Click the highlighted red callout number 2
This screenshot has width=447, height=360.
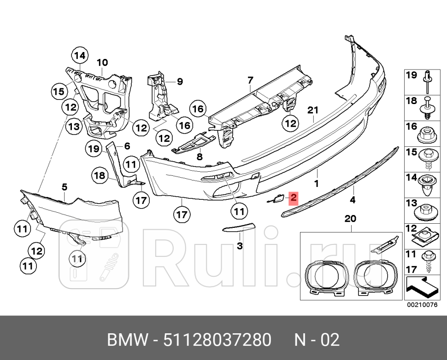pyautogui.click(x=293, y=199)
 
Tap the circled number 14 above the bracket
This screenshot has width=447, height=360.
pyautogui.click(x=80, y=56)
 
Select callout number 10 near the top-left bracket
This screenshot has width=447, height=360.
pyautogui.click(x=102, y=62)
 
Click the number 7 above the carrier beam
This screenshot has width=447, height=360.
pyautogui.click(x=250, y=81)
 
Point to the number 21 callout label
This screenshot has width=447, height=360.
pyautogui.click(x=313, y=110)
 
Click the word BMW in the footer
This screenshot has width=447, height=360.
pyautogui.click(x=128, y=340)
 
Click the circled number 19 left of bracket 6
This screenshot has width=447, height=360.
pyautogui.click(x=94, y=148)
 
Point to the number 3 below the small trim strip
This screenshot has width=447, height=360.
pyautogui.click(x=240, y=246)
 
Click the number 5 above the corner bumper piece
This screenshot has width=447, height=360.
pyautogui.click(x=65, y=186)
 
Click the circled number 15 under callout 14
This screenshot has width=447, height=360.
pyautogui.click(x=58, y=91)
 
